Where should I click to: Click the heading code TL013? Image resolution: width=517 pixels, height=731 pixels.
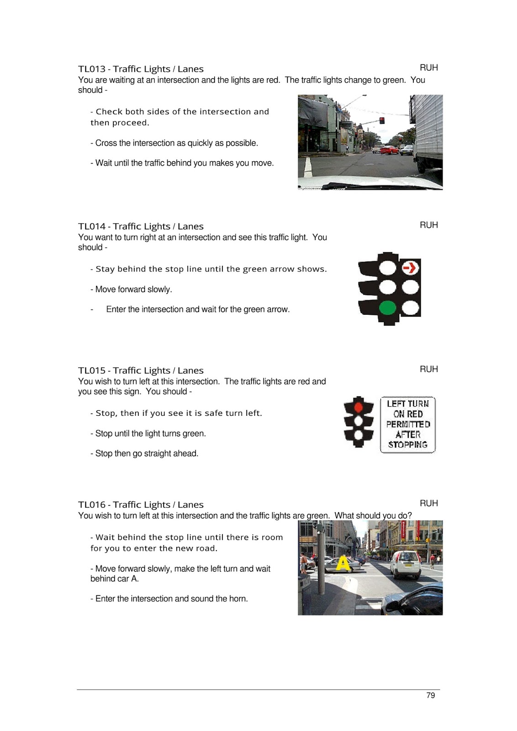(91, 69)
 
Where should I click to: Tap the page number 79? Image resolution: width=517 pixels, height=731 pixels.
(430, 695)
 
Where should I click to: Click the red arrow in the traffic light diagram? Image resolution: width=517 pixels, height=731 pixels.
(411, 267)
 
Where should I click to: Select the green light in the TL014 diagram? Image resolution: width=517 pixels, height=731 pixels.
(387, 307)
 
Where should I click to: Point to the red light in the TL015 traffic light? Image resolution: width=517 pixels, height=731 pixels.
(359, 407)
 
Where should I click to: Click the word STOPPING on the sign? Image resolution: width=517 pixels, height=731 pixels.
(407, 445)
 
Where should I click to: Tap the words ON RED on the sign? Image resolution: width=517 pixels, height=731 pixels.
(408, 414)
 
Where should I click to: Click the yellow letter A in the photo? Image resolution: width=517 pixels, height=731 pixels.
(343, 564)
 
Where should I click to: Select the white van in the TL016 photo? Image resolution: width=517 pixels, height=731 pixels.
(406, 564)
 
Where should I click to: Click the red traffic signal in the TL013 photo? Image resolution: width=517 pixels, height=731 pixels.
(381, 120)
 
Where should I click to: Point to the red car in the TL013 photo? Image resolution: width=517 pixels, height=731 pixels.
(390, 149)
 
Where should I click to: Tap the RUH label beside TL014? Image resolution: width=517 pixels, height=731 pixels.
(428, 225)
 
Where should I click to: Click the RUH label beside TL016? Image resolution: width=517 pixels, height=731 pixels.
(428, 503)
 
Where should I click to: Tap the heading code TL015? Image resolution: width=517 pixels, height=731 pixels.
(91, 371)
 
